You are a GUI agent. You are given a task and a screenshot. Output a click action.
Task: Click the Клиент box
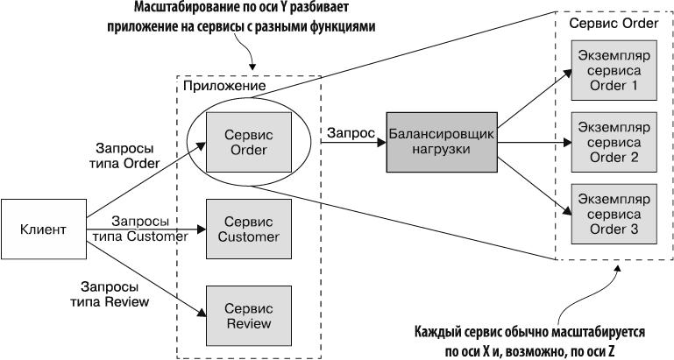pyautogui.click(x=43, y=230)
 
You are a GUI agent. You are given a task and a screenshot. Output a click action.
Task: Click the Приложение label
pyautogui.click(x=223, y=86)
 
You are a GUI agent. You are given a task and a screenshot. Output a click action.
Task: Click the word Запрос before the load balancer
pyautogui.click(x=351, y=133)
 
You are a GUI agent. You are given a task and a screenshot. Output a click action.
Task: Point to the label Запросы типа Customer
pyautogui.click(x=140, y=228)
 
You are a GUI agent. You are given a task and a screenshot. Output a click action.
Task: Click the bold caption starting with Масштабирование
pyautogui.click(x=254, y=18)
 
